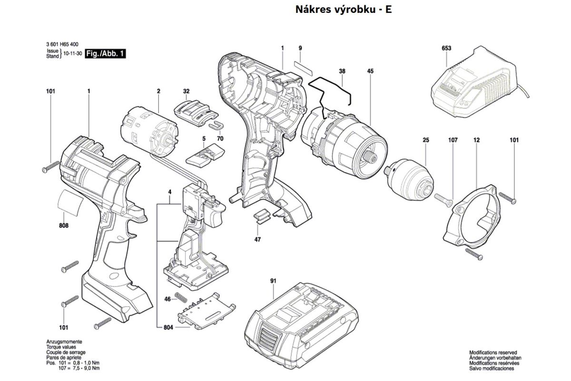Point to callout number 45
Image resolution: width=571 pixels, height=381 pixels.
pos(371,71)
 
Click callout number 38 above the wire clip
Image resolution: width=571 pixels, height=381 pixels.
pos(342,71)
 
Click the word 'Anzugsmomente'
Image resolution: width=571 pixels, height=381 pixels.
pos(64,342)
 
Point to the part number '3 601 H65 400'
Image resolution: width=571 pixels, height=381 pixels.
pos(63,44)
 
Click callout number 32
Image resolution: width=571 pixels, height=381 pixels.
pos(186,90)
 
